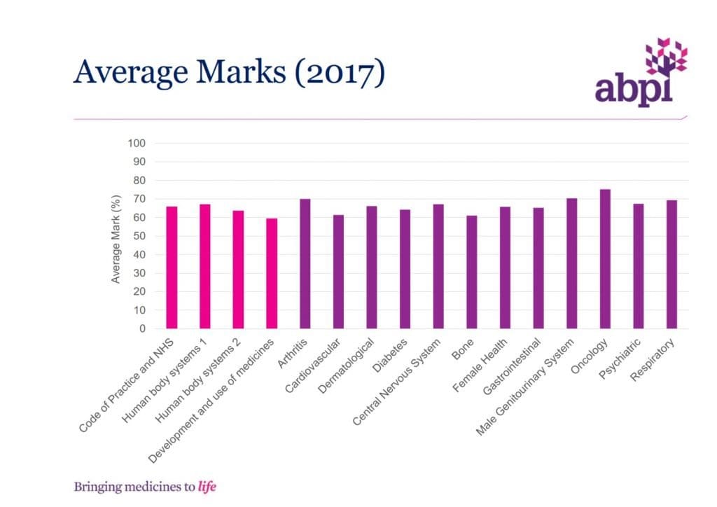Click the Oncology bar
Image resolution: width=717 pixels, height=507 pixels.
click(605, 259)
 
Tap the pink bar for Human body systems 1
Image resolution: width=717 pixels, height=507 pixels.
click(204, 266)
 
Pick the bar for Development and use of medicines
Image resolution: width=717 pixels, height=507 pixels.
click(272, 273)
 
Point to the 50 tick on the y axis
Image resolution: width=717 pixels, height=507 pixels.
click(139, 236)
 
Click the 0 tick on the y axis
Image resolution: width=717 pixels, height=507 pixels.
click(141, 328)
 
